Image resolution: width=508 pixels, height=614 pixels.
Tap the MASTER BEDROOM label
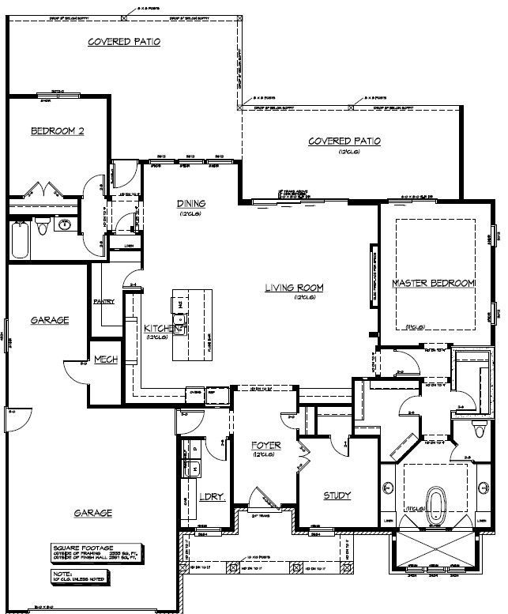coord(433,283)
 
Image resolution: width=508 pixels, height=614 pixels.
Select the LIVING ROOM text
coord(294,288)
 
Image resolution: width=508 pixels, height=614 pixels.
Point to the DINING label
coord(191,203)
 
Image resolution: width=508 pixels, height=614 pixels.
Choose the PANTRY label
coord(104,301)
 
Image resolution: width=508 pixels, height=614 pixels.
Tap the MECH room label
coord(106,360)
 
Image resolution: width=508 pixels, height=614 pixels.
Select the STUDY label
coord(337,496)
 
